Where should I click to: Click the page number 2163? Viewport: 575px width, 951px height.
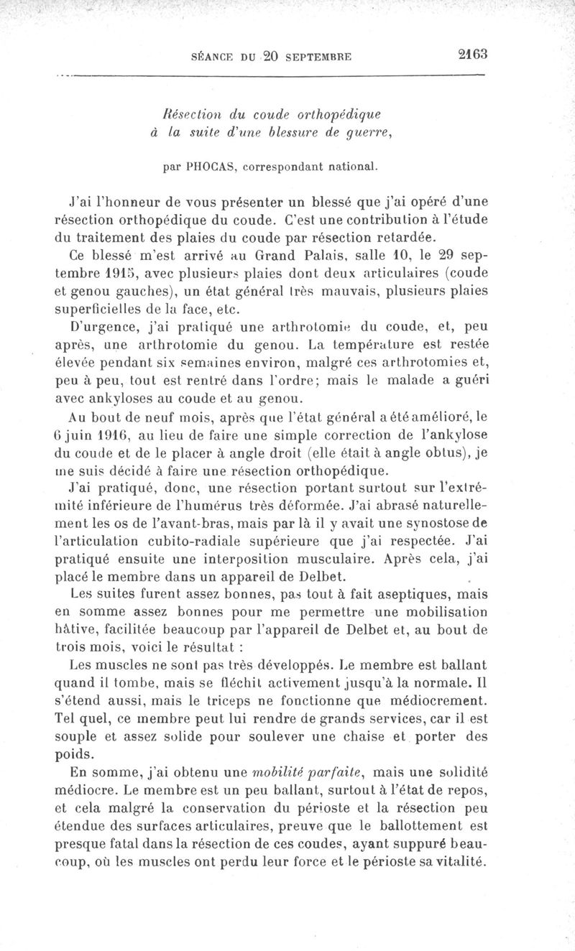click(471, 54)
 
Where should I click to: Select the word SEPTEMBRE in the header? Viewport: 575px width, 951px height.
click(311, 56)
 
